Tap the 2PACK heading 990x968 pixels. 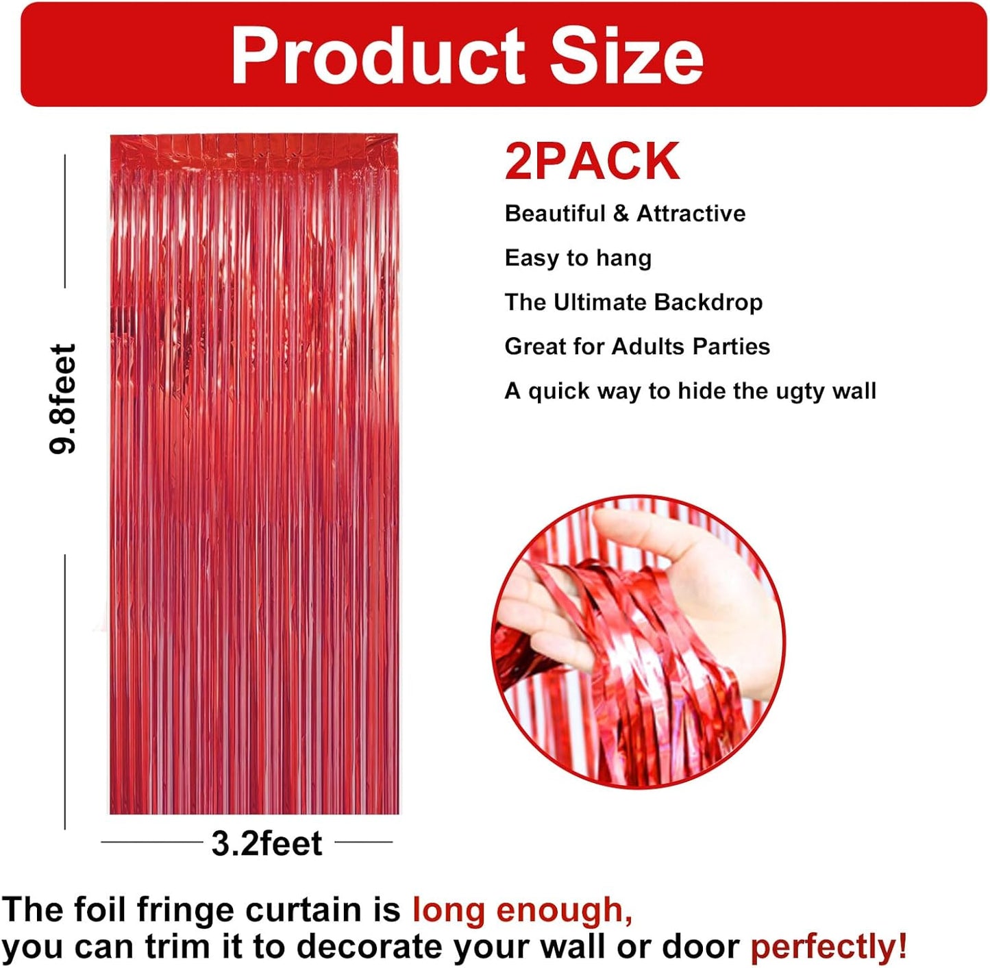[593, 162]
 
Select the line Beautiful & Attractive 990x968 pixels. [625, 214]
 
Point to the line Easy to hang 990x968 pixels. [578, 258]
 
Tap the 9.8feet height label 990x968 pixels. [63, 399]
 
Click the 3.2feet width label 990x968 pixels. [267, 843]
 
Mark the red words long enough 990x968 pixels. [522, 910]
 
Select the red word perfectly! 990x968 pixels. [828, 947]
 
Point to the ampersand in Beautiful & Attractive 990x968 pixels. [621, 214]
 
